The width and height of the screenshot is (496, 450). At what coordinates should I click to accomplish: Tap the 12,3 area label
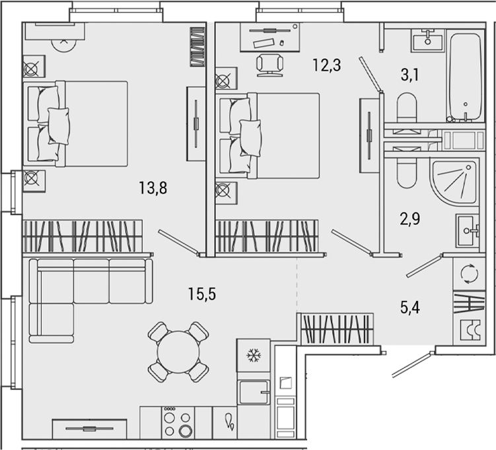(327, 65)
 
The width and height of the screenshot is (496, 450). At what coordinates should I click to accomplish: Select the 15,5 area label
(201, 294)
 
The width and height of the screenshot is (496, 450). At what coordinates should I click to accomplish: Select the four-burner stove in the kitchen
(177, 422)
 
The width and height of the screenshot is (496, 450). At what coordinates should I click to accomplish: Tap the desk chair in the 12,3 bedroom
(269, 64)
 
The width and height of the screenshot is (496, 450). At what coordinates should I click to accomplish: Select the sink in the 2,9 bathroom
(469, 230)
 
